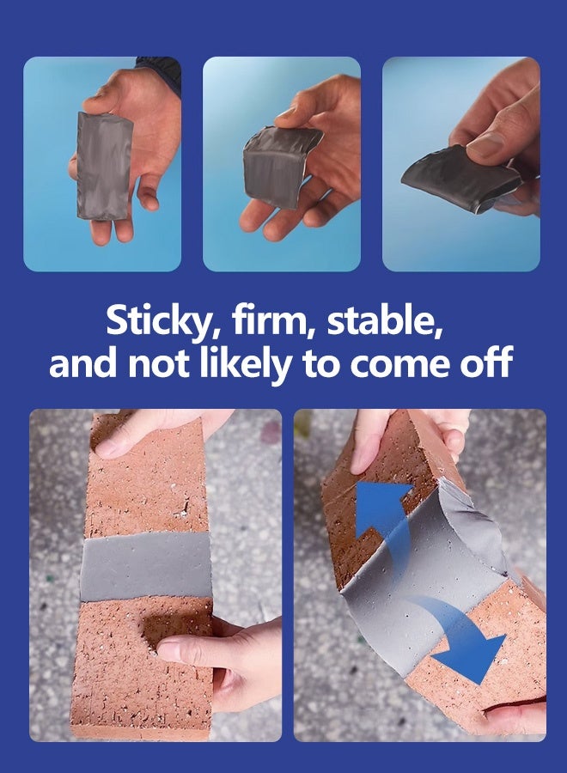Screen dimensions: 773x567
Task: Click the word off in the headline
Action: (486, 362)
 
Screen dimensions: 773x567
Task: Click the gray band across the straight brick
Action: (146, 566)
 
